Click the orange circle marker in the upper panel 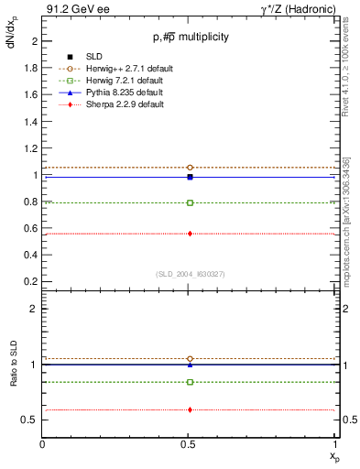point(190,168)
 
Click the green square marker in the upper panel point(190,202)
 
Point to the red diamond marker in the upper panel point(190,234)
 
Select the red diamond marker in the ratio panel point(190,409)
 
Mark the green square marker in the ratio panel point(190,382)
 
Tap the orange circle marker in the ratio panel point(190,359)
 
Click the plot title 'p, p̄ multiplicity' point(191,38)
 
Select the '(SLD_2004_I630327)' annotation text point(191,273)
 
